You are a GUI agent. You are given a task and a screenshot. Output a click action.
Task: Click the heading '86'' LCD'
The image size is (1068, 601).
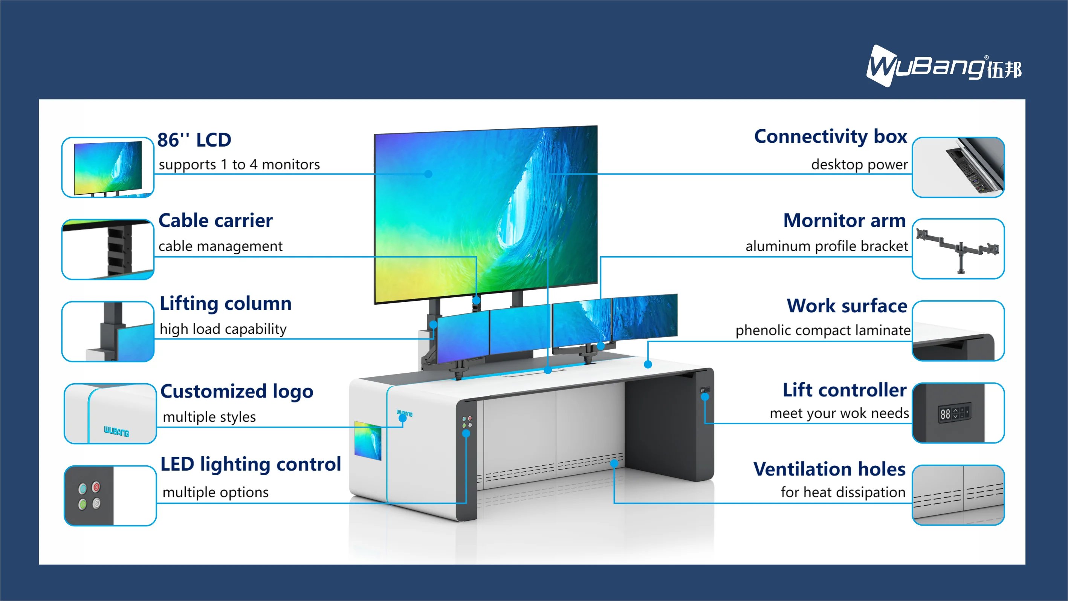click(194, 140)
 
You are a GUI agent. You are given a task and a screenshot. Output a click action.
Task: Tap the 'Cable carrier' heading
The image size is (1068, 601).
click(215, 220)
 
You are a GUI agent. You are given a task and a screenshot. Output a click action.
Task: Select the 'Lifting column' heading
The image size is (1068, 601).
click(226, 303)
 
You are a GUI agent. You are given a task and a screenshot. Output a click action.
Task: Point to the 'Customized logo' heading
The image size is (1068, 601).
click(237, 391)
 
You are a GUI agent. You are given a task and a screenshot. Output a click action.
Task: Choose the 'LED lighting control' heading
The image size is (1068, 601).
click(251, 464)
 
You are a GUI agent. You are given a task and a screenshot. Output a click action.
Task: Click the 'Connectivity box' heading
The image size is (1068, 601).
click(830, 136)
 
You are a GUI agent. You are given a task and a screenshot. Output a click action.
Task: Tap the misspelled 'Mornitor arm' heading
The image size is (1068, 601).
click(845, 220)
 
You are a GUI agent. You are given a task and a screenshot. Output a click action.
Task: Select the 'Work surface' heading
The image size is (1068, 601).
click(847, 306)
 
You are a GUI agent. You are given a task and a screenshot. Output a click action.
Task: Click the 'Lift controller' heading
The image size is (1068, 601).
click(845, 390)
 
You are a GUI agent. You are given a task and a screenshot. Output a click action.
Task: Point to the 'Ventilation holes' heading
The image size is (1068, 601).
click(829, 469)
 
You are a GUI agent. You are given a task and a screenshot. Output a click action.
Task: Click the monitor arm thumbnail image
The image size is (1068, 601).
click(958, 249)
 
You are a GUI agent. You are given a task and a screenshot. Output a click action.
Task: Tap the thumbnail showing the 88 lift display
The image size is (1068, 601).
click(958, 413)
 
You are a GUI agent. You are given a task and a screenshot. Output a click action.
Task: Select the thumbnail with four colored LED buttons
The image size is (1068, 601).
click(110, 495)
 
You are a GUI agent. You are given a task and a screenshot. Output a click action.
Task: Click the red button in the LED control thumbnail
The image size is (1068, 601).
click(96, 486)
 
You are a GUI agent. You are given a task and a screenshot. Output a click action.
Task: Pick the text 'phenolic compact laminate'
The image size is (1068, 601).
click(822, 330)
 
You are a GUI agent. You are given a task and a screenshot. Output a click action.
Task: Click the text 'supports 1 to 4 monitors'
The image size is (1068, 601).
click(239, 165)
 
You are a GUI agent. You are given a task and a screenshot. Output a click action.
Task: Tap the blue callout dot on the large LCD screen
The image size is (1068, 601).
click(428, 174)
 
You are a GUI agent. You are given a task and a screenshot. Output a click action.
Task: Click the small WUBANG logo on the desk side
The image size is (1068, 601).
click(404, 413)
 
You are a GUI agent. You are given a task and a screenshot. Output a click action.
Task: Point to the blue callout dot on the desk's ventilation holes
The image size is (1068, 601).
click(614, 463)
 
